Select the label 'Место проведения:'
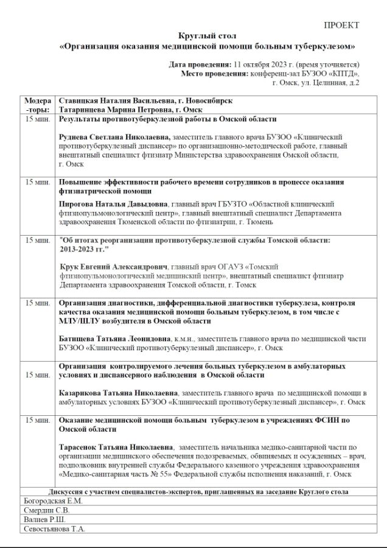(214, 74)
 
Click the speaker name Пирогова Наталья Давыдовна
(113, 205)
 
